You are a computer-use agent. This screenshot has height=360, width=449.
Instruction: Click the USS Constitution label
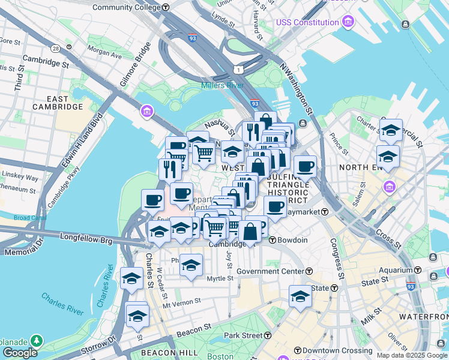point(307,22)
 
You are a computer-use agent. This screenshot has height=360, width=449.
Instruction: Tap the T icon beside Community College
point(166,7)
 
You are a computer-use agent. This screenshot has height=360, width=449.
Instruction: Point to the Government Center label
point(270,271)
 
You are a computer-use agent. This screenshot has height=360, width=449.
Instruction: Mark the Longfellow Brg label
point(86,238)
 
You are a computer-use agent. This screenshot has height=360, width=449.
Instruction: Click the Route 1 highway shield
point(240,70)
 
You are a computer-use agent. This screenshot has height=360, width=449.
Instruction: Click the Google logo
point(19,353)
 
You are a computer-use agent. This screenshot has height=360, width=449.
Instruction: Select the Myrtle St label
point(220,278)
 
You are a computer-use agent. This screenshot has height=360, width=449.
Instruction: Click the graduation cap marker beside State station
point(300,295)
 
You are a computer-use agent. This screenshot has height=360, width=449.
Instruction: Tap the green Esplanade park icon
point(37,341)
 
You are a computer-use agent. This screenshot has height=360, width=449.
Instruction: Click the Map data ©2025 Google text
point(412,355)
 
